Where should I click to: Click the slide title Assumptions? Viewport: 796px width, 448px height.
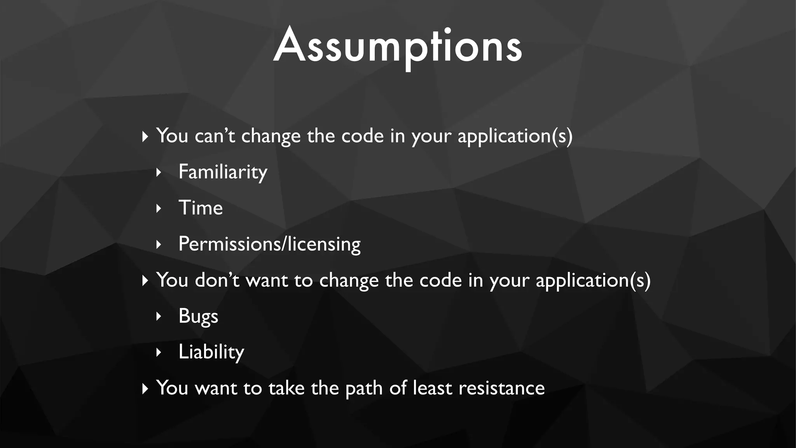pos(398,46)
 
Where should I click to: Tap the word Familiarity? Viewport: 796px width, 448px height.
pos(223,172)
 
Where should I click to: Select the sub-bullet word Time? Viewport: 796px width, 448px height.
pos(201,208)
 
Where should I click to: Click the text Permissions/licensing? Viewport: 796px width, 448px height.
pos(269,244)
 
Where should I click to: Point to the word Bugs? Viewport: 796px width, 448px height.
pos(198,316)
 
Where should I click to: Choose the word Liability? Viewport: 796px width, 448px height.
pos(211,352)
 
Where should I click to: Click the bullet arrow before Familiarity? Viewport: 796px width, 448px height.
pos(158,172)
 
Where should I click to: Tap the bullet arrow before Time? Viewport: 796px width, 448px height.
pos(158,208)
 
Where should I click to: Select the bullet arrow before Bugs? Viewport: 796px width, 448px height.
pos(158,316)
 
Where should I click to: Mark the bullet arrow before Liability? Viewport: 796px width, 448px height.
pos(158,352)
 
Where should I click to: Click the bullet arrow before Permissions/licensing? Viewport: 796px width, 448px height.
pos(158,245)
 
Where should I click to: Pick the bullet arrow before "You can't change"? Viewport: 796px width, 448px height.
pos(145,136)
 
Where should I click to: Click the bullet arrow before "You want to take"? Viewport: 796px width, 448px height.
pos(145,388)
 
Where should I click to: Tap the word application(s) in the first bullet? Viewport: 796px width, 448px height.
pos(515,136)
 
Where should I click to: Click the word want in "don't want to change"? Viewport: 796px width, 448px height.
pos(267,280)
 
